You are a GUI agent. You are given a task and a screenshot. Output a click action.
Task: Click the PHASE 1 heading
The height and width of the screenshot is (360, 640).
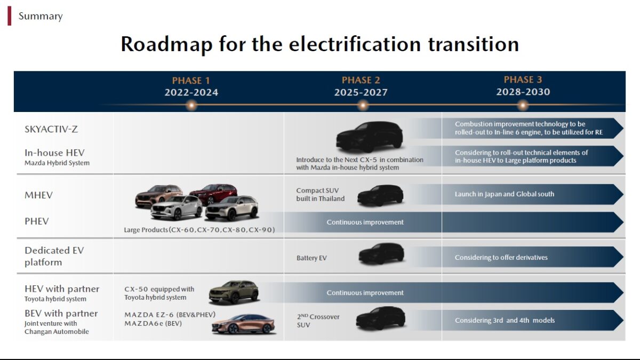tap(191, 81)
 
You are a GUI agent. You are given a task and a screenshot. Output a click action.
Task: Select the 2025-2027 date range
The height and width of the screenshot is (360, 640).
tap(361, 92)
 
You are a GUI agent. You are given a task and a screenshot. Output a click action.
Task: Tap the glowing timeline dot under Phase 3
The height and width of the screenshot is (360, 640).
tap(523, 105)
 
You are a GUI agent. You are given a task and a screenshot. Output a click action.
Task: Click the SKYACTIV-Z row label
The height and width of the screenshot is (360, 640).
tap(51, 129)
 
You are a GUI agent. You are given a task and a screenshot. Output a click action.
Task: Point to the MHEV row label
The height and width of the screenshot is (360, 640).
tap(38, 195)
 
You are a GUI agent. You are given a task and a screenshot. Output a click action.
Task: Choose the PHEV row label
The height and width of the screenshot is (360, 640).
tap(37, 221)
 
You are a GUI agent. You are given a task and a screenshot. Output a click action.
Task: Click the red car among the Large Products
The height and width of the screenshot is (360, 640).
tap(214, 193)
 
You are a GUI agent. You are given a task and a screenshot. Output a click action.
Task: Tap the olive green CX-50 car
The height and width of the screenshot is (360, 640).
tap(234, 292)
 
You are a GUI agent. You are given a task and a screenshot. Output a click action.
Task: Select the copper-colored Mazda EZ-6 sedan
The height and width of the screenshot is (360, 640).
tap(243, 324)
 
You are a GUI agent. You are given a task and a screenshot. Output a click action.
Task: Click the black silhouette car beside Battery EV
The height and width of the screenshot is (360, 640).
tap(381, 253)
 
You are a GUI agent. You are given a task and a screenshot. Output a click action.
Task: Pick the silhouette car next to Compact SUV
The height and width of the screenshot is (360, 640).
tap(380, 195)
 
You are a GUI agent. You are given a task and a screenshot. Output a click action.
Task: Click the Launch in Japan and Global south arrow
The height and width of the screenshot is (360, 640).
tap(533, 194)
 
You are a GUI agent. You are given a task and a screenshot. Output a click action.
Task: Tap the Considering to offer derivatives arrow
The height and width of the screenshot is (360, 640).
tap(533, 257)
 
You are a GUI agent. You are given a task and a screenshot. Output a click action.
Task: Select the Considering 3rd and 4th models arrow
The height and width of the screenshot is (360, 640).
tap(533, 321)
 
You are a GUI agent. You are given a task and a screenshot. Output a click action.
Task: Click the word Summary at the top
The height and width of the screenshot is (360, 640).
tap(41, 17)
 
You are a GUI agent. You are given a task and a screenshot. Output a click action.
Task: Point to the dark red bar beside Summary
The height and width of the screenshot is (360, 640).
tap(10, 16)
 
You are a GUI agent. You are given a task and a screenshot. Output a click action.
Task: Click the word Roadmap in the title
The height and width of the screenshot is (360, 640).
tap(166, 44)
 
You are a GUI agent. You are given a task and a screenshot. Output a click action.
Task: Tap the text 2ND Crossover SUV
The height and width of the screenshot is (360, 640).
tap(318, 321)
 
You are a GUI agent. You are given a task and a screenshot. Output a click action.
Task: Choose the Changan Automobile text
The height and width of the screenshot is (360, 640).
tap(57, 331)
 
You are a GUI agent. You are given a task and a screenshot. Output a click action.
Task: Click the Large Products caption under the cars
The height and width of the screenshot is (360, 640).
tap(199, 230)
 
